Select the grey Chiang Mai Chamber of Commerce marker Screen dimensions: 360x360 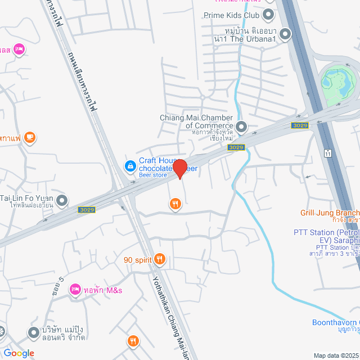[241, 127]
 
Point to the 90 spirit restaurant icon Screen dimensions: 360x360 [160, 259]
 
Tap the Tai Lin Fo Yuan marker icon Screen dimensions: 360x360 [62, 200]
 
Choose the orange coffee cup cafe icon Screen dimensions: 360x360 [30, 137]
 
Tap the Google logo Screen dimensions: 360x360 [19, 353]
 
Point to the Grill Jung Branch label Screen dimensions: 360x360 [330, 213]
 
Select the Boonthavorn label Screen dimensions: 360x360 [336, 322]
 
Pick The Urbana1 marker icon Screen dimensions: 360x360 [286, 35]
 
